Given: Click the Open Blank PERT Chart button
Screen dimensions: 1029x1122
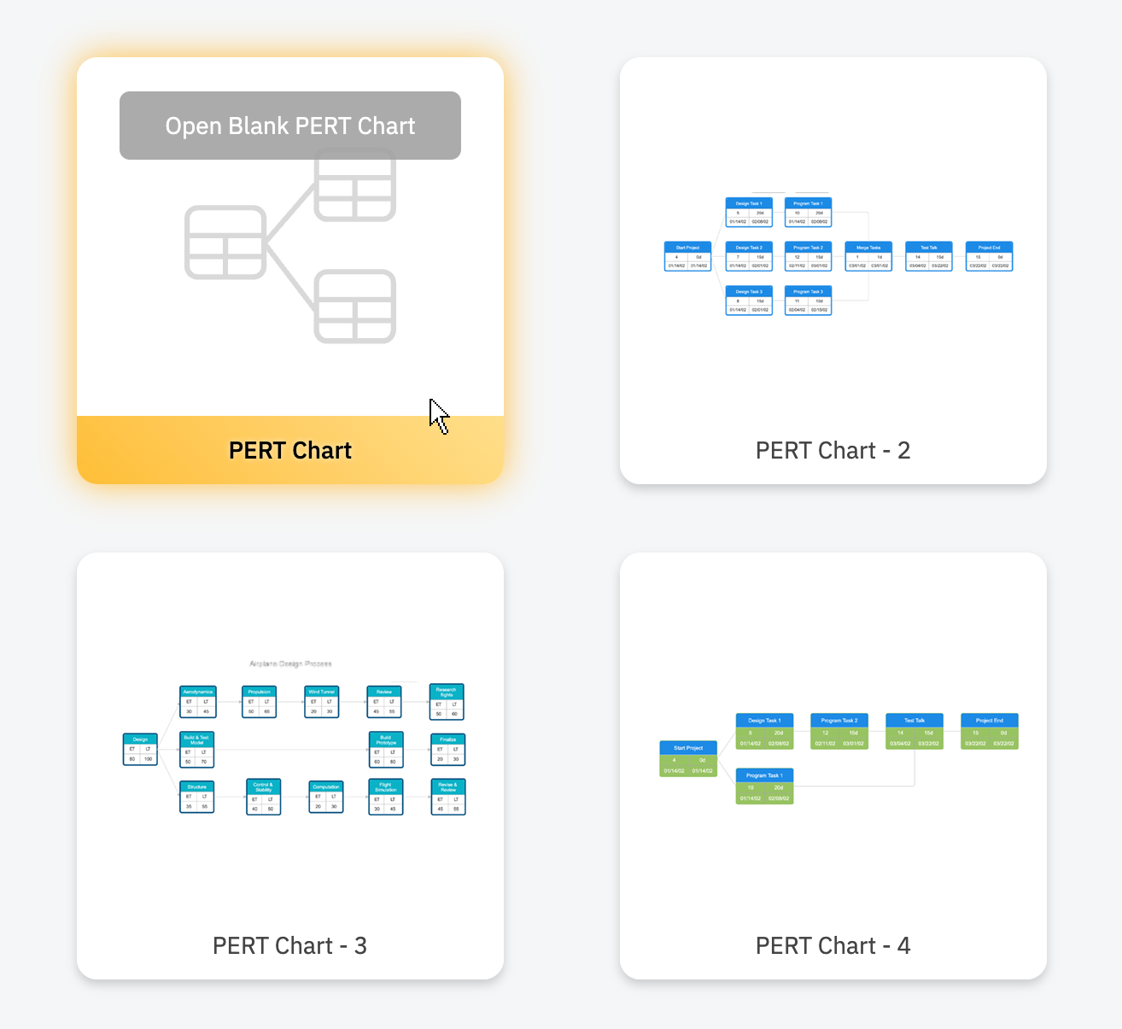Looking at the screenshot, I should coord(290,126).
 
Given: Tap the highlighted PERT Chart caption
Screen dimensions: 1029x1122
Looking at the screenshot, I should coord(290,450).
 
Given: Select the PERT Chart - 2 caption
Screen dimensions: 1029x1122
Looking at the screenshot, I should coord(833,450).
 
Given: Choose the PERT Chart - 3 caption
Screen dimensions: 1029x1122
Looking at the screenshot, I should coord(289,945).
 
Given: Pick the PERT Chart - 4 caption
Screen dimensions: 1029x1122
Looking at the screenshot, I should coord(833,945).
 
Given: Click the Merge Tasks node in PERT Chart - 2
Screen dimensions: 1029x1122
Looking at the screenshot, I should coord(868,256).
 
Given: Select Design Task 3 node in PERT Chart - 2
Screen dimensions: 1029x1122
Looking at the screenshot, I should coord(749,301).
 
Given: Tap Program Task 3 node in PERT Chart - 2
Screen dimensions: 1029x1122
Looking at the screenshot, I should coord(808,301).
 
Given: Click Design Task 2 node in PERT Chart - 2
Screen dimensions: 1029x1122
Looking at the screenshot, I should coord(749,256).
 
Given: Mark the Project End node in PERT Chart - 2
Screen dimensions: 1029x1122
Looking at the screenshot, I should coord(989,256).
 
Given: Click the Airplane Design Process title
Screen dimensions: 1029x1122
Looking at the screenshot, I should coord(290,664).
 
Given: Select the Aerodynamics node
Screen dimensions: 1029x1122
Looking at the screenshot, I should coord(198,702).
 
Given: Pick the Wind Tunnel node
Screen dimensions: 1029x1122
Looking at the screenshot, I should coord(322,702).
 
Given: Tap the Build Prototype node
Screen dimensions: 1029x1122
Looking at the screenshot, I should coord(386,750).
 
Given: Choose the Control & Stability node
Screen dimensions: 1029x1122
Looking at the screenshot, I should coord(263,797).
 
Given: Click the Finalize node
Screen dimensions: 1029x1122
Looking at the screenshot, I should coord(448,750).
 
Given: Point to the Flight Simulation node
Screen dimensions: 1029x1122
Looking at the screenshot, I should coord(386,797).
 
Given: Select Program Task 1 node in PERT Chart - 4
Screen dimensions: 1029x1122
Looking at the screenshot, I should coord(764,786).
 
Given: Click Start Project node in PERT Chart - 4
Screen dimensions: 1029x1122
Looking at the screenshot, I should coord(688,759).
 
